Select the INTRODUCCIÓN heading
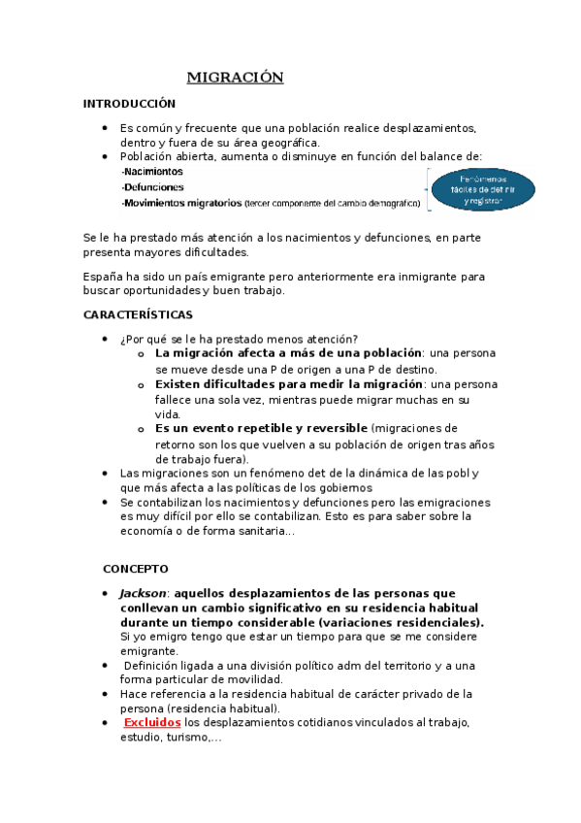point(129,103)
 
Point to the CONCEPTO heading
point(136,569)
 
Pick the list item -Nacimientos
point(151,172)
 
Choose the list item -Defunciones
point(152,187)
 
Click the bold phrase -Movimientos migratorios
point(181,203)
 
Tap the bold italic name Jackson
point(143,593)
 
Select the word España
point(105,277)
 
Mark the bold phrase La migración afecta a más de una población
point(288,353)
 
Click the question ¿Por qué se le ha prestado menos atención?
point(239,338)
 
